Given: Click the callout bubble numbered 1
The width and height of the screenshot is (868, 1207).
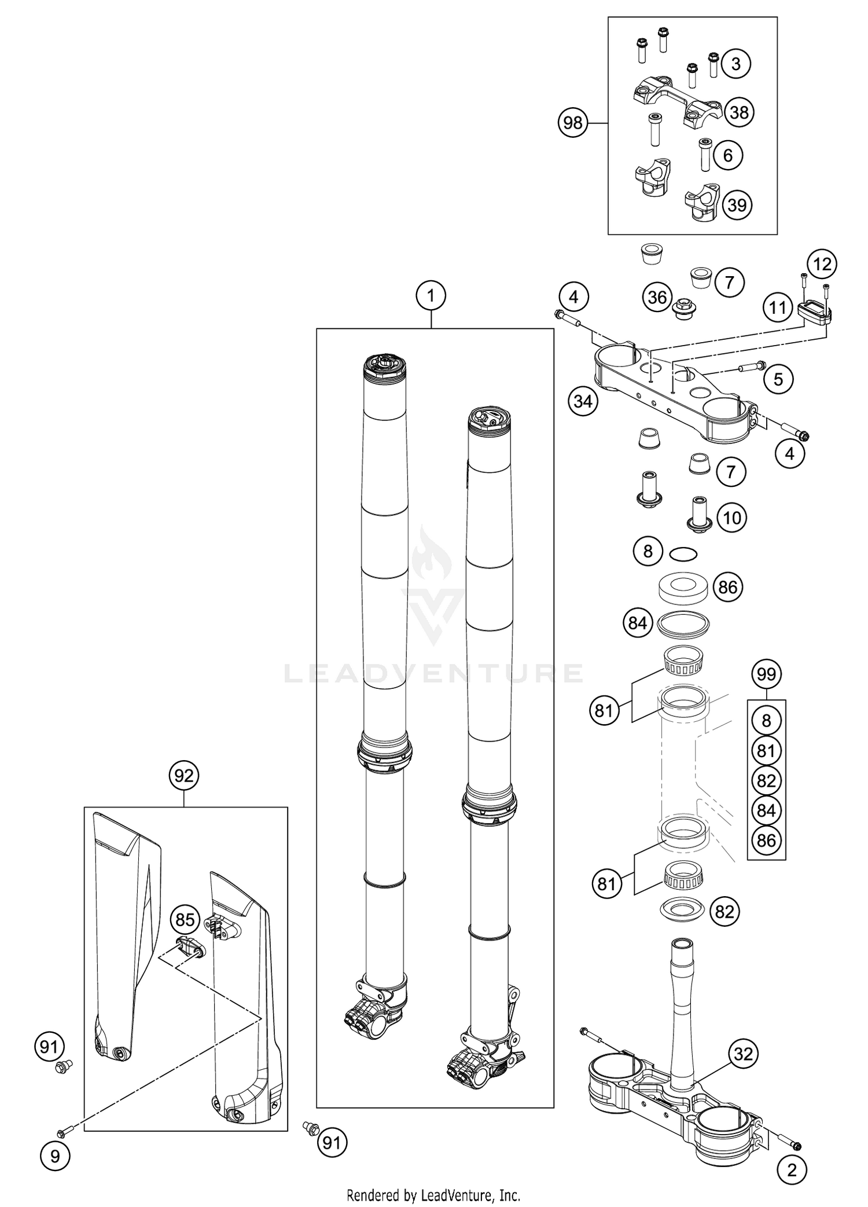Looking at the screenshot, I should (x=431, y=296).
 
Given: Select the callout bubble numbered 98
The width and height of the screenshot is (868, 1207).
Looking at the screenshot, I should (x=572, y=123).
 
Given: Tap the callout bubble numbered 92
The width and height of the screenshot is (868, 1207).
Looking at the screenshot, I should (x=183, y=775).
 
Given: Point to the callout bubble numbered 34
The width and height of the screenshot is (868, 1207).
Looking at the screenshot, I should (x=583, y=401).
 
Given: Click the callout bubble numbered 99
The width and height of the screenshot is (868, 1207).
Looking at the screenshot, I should (x=766, y=674).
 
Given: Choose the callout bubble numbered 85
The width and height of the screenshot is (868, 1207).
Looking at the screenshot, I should (x=185, y=920).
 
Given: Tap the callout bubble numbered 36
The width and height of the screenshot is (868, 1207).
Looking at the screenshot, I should (x=657, y=298).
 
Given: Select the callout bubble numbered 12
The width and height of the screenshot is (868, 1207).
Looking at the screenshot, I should (x=822, y=265).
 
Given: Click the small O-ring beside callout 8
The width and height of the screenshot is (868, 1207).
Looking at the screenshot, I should (x=683, y=554).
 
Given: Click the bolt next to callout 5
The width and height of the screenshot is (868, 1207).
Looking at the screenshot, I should (x=750, y=366).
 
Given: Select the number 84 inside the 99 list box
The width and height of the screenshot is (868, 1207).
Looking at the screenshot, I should (x=766, y=810).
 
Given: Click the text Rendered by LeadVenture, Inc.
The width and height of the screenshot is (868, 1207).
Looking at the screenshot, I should (x=433, y=1194).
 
